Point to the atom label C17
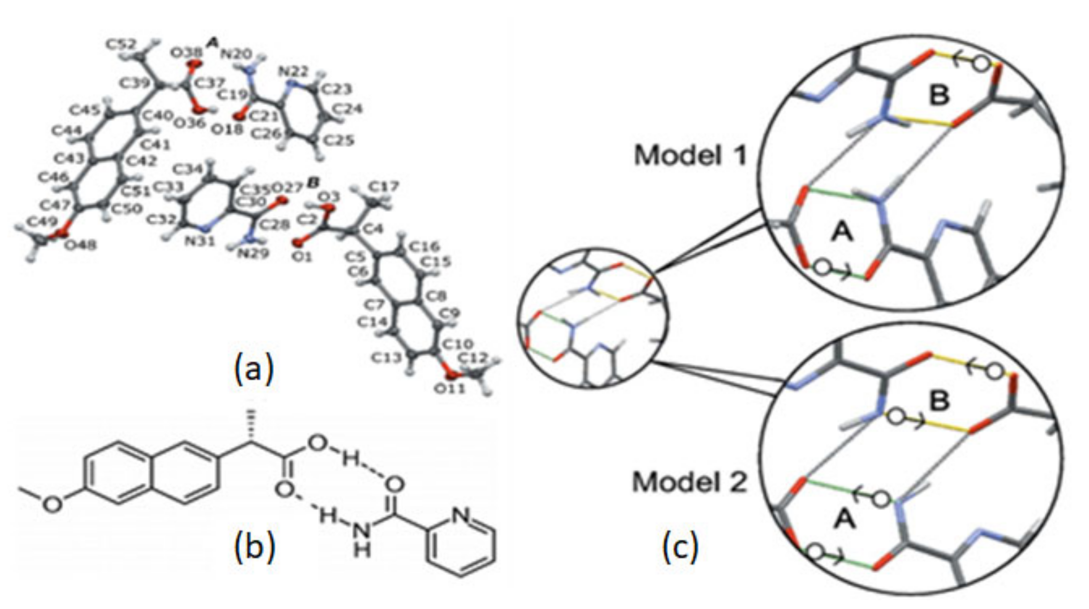tap(383, 186)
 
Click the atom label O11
tap(450, 387)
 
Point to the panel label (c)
tap(680, 547)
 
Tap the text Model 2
tap(689, 482)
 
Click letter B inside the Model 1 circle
tap(939, 96)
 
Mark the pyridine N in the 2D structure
tap(460, 515)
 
